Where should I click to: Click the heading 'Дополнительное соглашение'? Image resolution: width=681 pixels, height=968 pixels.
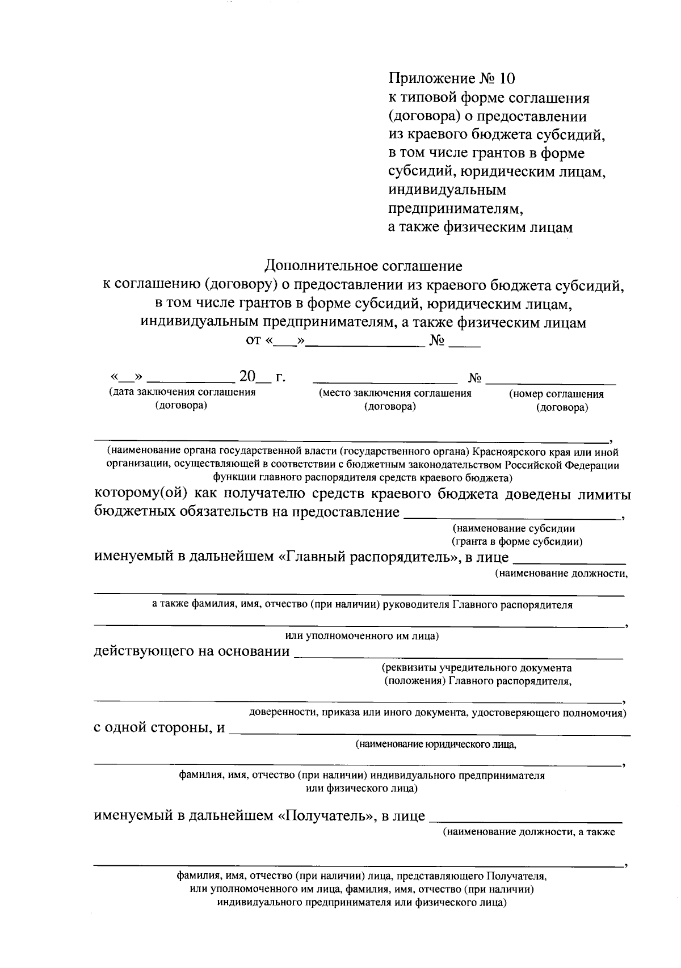click(x=363, y=266)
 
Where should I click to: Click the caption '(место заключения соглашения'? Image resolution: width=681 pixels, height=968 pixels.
click(x=395, y=393)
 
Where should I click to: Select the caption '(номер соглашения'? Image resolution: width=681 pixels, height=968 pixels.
click(x=556, y=394)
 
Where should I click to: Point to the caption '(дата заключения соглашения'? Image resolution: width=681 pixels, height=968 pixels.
click(x=182, y=392)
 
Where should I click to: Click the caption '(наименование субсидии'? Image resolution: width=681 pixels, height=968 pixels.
click(x=514, y=529)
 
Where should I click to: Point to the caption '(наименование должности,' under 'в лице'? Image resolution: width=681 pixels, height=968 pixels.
click(x=561, y=574)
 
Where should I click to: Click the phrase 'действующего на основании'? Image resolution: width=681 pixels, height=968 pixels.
click(x=191, y=651)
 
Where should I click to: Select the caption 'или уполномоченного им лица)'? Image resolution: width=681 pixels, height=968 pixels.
click(x=361, y=636)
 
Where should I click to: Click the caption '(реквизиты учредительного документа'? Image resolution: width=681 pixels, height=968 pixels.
click(x=477, y=668)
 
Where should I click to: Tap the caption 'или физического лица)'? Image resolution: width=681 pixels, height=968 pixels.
click(x=361, y=789)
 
